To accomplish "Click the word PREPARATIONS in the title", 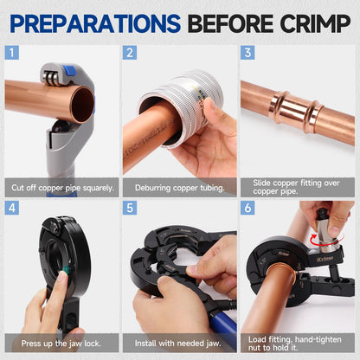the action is pos(95,23).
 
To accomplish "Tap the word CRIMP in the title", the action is pos(315,23).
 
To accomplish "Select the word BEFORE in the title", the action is pos(230,23).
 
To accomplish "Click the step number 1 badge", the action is pos(12,53).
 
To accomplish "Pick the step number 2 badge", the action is pos(130,53).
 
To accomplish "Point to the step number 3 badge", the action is pos(247,53).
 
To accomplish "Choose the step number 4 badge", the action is pos(12,208).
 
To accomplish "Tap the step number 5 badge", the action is pos(130,208).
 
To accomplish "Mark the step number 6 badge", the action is pos(247,208).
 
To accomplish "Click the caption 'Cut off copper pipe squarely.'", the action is pos(62,188).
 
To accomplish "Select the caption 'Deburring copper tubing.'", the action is pos(179,188).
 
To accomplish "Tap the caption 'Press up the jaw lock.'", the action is pos(61,344).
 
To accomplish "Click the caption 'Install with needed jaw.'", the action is pos(178,344).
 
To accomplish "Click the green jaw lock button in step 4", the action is pos(67,270).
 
